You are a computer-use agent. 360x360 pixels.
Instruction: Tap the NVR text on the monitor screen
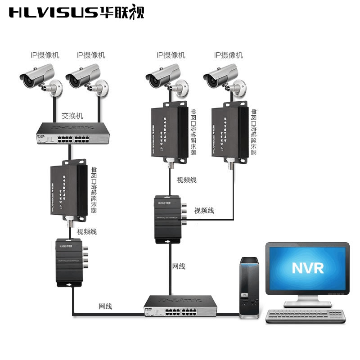pyautogui.click(x=307, y=268)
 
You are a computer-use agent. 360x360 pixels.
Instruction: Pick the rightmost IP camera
pyautogui.click(x=224, y=78)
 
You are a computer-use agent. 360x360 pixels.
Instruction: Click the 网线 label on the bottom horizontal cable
pyautogui.click(x=105, y=306)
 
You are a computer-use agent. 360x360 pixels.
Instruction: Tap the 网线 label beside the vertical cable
pyautogui.click(x=179, y=266)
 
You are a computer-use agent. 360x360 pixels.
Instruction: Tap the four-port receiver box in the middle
pyautogui.click(x=170, y=219)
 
